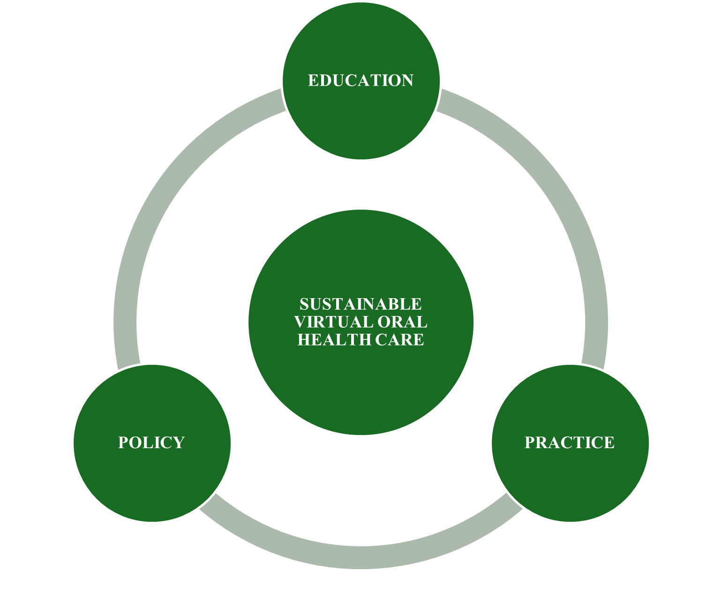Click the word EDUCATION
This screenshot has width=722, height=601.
click(361, 81)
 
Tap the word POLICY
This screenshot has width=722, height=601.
click(151, 443)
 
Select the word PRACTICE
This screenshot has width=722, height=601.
click(569, 443)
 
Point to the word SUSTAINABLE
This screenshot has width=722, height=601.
click(361, 304)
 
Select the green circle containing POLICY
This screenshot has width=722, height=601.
click(152, 483)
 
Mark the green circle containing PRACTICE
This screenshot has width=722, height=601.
click(570, 483)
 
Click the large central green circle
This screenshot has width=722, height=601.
click(361, 384)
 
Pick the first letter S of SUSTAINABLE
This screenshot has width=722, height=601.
click(305, 304)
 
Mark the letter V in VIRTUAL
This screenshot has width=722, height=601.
click(300, 322)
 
